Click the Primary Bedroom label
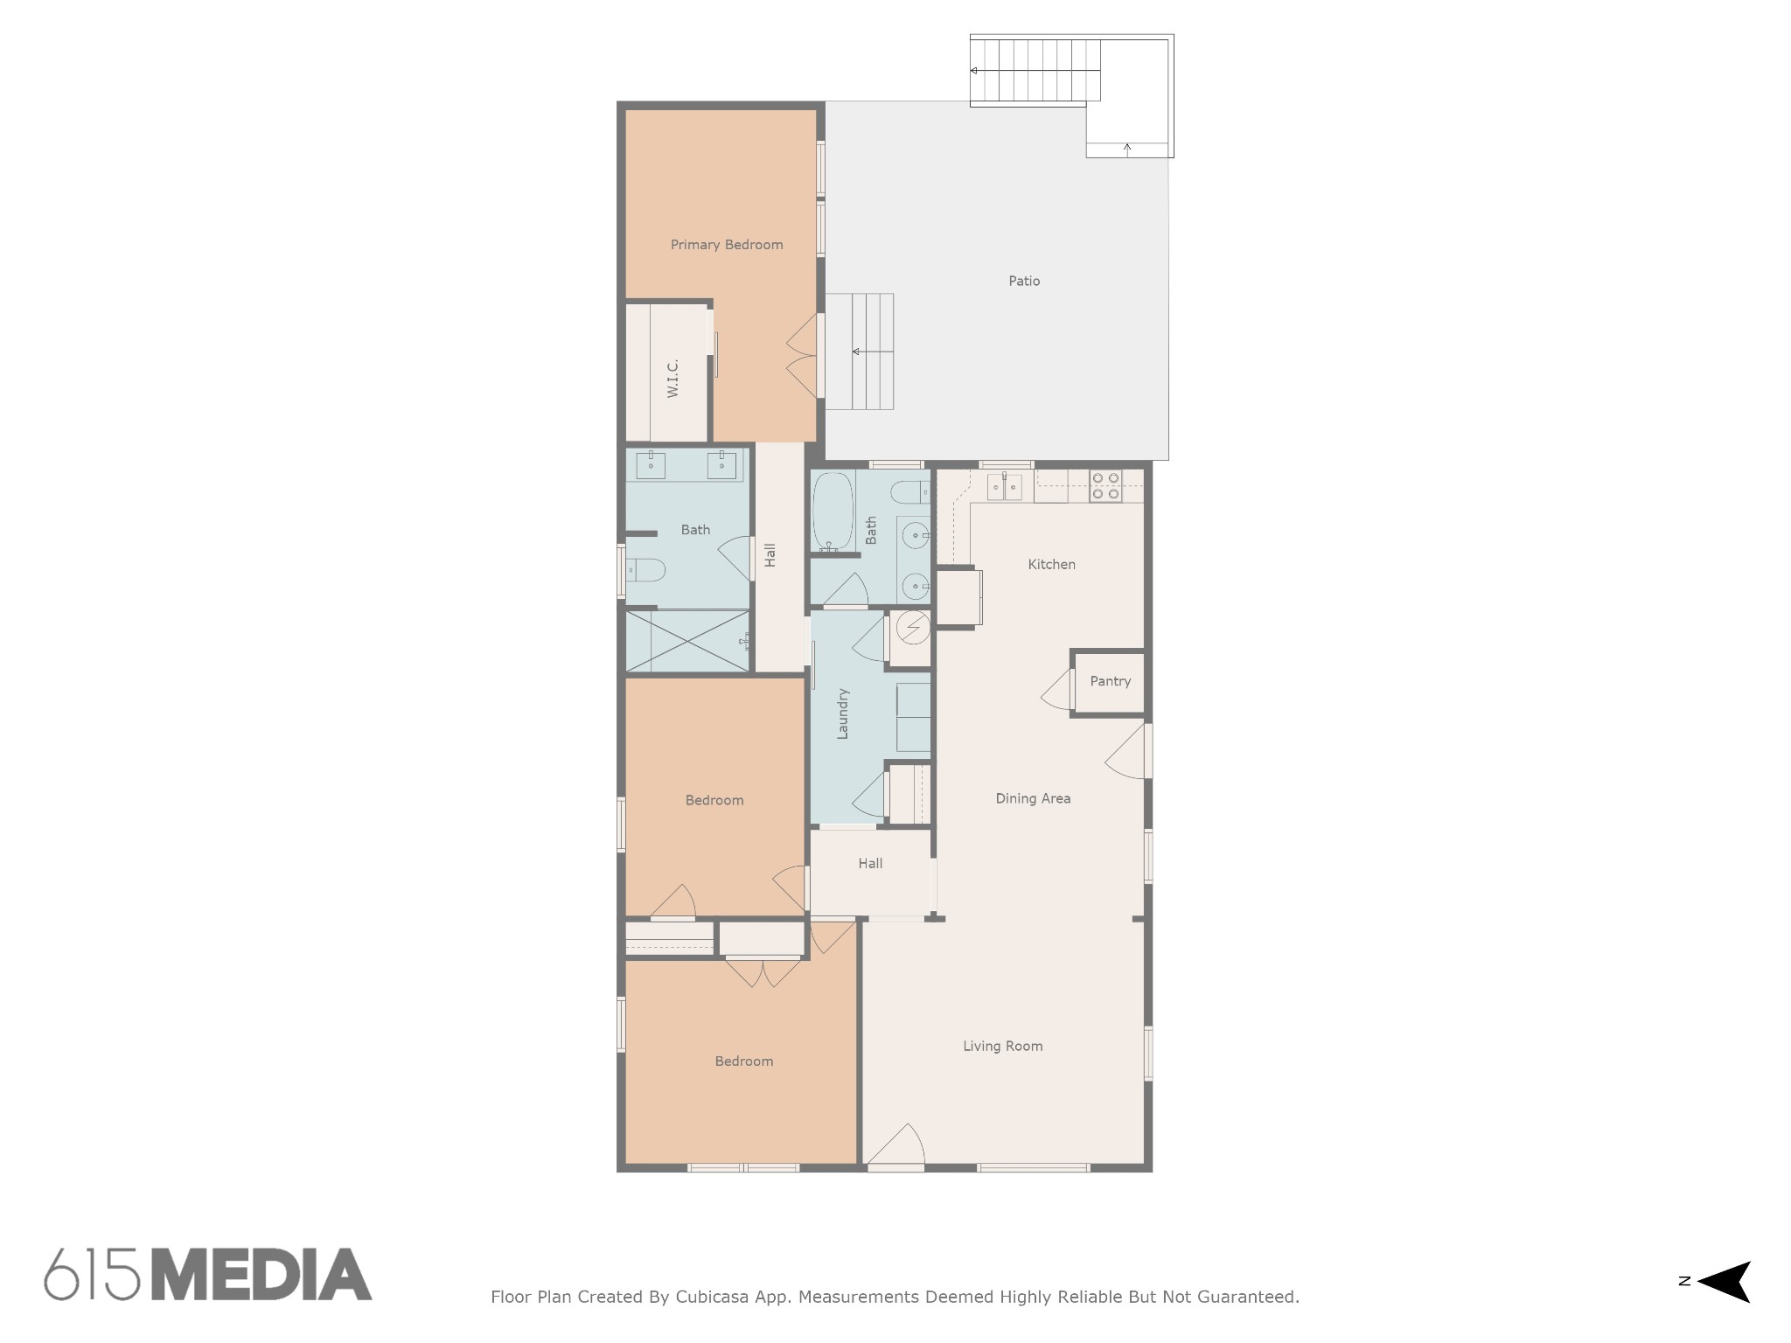coord(727,245)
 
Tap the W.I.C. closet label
coord(672,379)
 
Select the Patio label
coord(1024,281)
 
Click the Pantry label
coord(1110,681)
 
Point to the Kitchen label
coord(1051,564)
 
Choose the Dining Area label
coord(1033,798)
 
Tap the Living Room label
coord(1002,1046)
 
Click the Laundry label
coord(843,714)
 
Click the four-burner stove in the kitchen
coord(1105,486)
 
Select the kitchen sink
coord(1005,486)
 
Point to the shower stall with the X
coord(687,641)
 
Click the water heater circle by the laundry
coord(913,626)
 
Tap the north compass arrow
coord(1724,1282)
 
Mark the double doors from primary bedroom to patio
coord(803,356)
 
